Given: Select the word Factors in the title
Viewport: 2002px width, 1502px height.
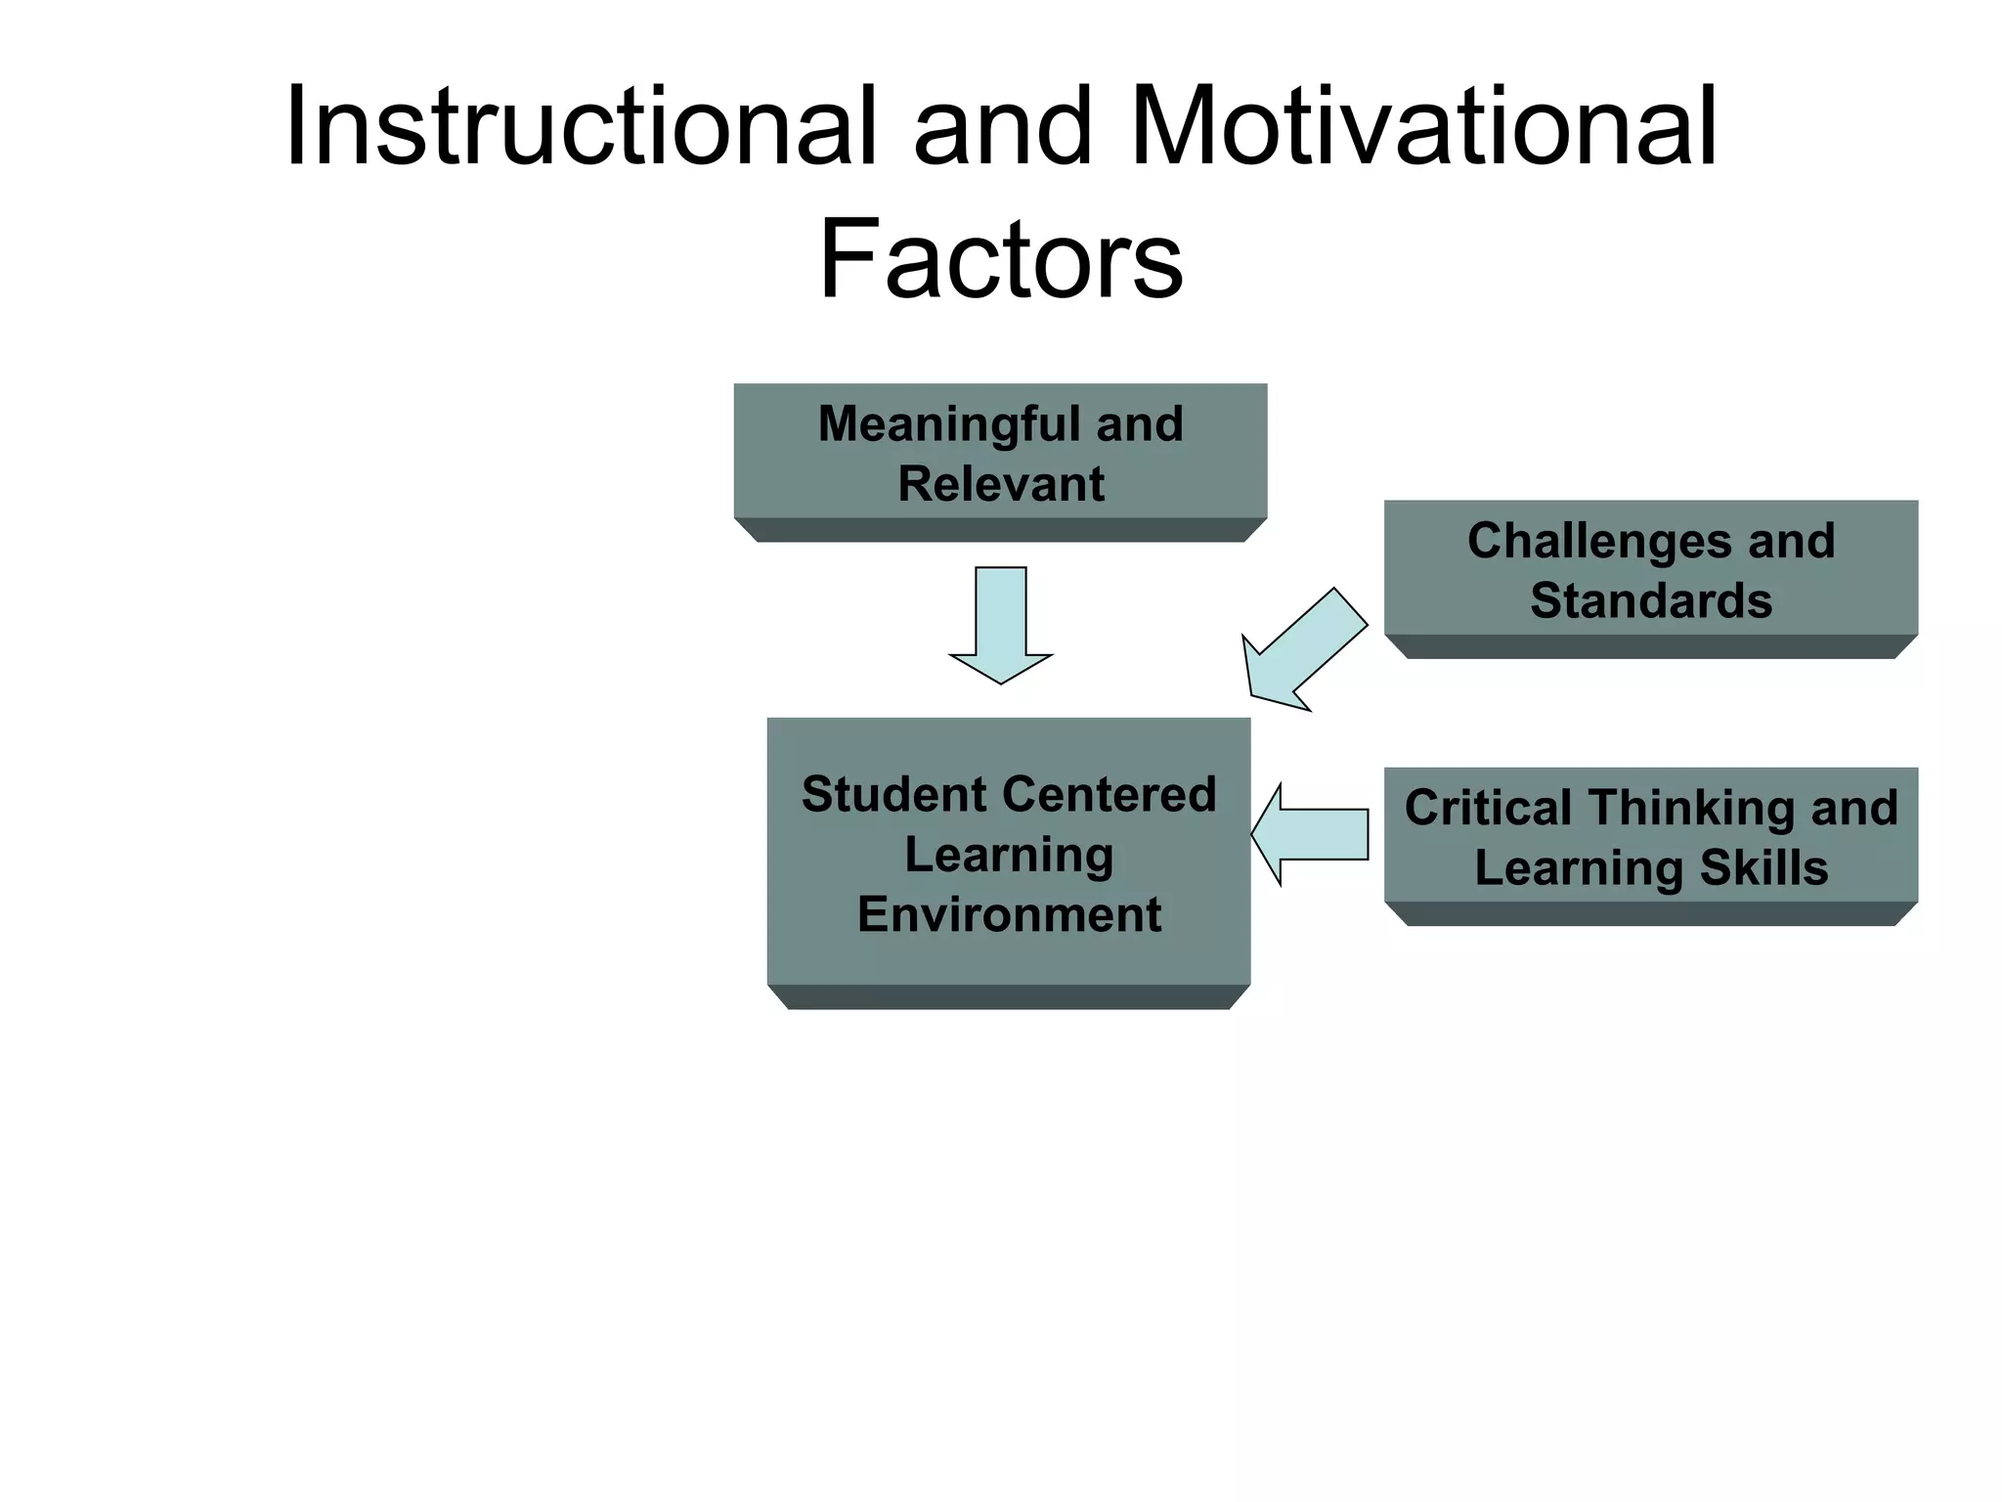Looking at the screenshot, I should coord(1000,260).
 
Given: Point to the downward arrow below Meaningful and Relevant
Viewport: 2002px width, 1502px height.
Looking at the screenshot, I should coord(1001,626).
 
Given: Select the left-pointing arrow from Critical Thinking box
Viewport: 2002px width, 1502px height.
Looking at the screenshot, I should coord(1310,834).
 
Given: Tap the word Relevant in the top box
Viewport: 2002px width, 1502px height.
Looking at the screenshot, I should coord(1001,484).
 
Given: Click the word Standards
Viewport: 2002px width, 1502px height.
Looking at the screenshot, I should coord(1651,600).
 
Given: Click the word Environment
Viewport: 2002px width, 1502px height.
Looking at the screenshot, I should coord(1009,915).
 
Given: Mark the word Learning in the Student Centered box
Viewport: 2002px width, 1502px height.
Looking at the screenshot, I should coord(1009,855).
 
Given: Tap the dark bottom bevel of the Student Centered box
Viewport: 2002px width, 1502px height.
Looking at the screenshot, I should coord(1009,996).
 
